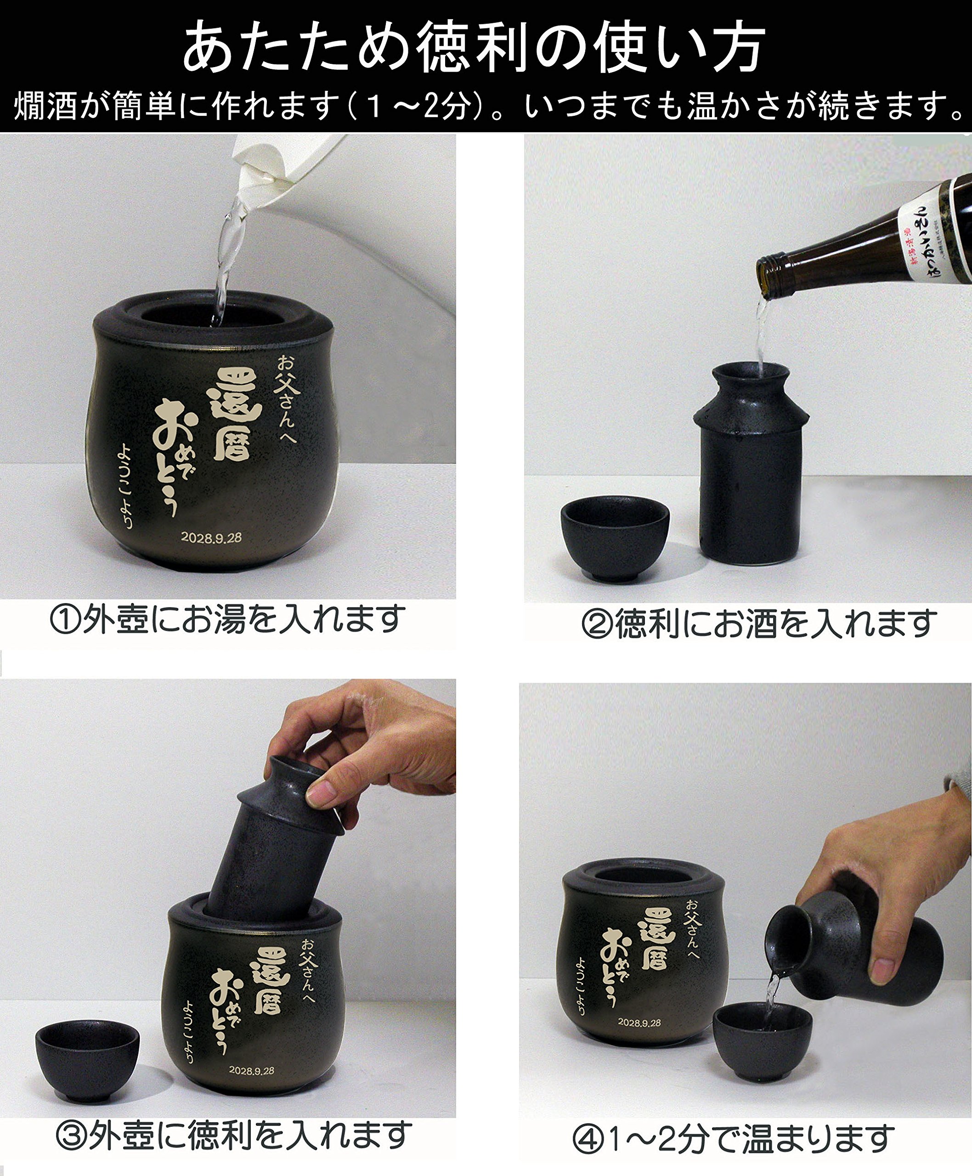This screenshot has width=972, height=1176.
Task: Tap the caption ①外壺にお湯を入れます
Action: [227, 619]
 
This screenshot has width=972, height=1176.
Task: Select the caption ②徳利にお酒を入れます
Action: [759, 624]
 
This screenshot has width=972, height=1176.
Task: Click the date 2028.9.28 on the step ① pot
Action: [211, 537]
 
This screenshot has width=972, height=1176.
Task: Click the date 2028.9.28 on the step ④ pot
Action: [639, 1023]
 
